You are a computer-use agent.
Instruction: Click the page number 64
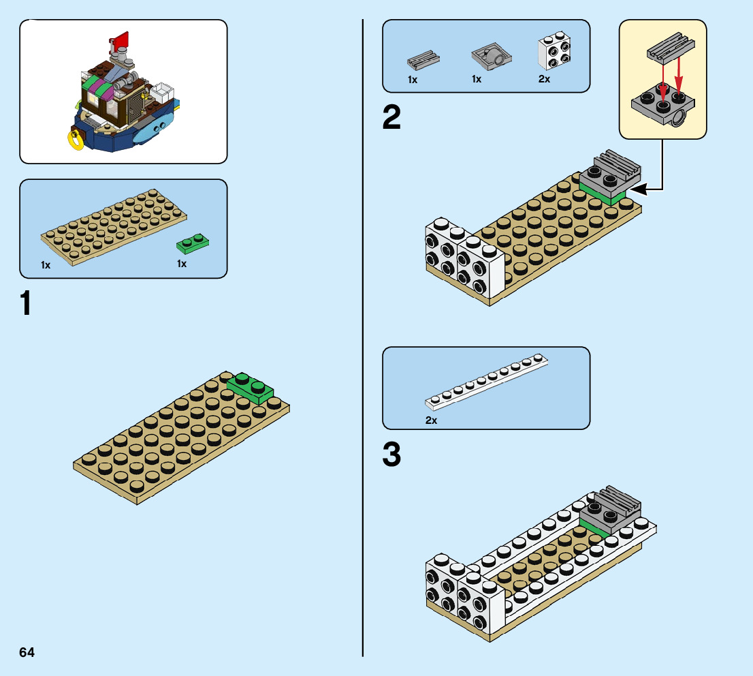click(27, 652)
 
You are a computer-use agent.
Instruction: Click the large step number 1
click(26, 303)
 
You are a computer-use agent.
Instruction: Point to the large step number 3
click(391, 455)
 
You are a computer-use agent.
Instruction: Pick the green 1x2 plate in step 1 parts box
click(193, 241)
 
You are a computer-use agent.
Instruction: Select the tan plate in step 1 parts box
click(113, 226)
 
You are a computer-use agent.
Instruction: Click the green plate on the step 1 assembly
click(250, 388)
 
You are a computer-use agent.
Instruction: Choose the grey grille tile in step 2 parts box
click(423, 59)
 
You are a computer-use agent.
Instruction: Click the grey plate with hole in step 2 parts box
click(490, 59)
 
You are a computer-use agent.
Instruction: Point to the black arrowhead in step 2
click(635, 190)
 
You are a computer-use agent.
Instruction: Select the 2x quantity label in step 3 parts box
click(431, 420)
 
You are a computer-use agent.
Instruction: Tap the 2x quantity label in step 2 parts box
click(544, 80)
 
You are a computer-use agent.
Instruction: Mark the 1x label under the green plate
click(182, 264)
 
